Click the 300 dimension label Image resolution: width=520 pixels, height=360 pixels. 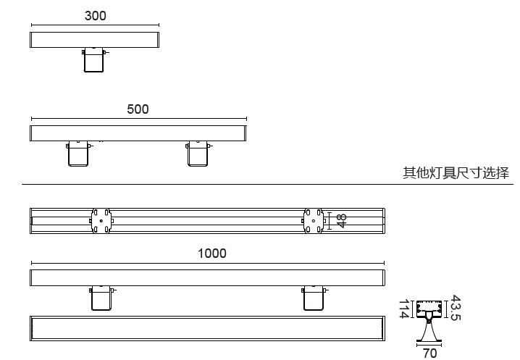[96, 16]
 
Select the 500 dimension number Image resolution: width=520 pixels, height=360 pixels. [138, 109]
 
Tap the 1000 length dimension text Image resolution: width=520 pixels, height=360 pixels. [212, 254]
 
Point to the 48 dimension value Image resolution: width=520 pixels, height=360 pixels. [342, 221]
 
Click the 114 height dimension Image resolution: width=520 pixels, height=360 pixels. [404, 309]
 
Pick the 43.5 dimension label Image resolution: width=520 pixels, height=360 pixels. [456, 308]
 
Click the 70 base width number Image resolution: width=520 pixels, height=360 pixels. [429, 353]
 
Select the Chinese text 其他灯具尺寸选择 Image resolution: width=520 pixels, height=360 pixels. [456, 173]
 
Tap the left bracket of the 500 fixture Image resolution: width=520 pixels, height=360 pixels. [78, 154]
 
